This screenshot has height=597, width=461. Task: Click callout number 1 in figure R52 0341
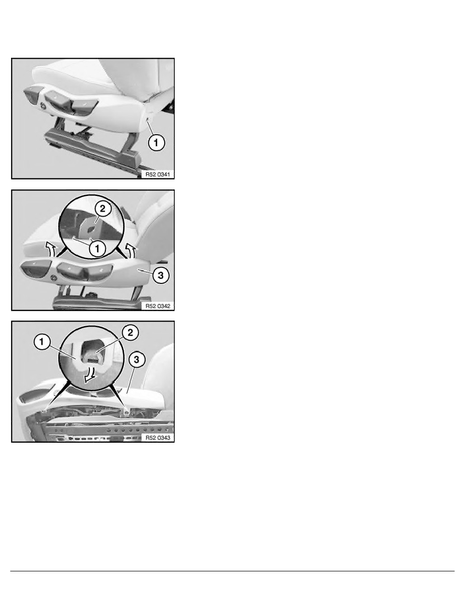(156, 143)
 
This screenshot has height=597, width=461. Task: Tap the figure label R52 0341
(158, 174)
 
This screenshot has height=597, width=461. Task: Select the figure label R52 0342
(158, 306)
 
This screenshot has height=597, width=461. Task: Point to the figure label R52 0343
(158, 438)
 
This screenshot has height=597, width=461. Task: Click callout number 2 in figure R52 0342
(103, 209)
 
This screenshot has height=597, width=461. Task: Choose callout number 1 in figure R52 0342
(97, 249)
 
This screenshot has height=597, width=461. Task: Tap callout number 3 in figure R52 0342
(161, 275)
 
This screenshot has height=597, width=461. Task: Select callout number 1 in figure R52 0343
(42, 342)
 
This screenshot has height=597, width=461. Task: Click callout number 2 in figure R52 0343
(130, 332)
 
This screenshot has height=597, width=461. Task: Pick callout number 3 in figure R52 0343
(137, 359)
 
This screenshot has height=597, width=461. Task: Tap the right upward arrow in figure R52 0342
(131, 251)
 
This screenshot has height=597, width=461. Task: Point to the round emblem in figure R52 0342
(54, 279)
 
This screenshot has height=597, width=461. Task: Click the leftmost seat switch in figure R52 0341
(32, 93)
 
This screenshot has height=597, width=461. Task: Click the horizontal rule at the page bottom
(233, 571)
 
